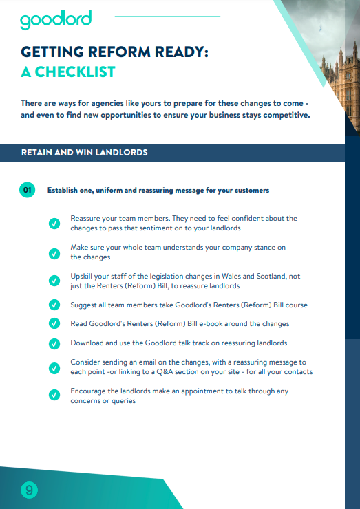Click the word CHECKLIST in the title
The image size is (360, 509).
click(x=76, y=72)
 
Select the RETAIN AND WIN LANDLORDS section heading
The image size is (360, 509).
click(x=85, y=153)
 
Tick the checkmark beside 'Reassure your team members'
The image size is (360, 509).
click(x=54, y=223)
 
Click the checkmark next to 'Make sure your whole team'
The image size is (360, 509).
click(x=54, y=252)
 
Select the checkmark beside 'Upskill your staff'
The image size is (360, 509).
click(x=54, y=281)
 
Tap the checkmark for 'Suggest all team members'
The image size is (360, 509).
click(x=54, y=305)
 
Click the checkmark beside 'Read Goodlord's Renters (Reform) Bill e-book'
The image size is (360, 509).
click(x=54, y=323)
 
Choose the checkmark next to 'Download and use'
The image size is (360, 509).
click(x=54, y=343)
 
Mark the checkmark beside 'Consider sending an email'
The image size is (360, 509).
click(x=54, y=367)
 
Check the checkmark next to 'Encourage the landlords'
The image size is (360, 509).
click(x=54, y=396)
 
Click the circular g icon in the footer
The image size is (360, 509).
click(x=29, y=490)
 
